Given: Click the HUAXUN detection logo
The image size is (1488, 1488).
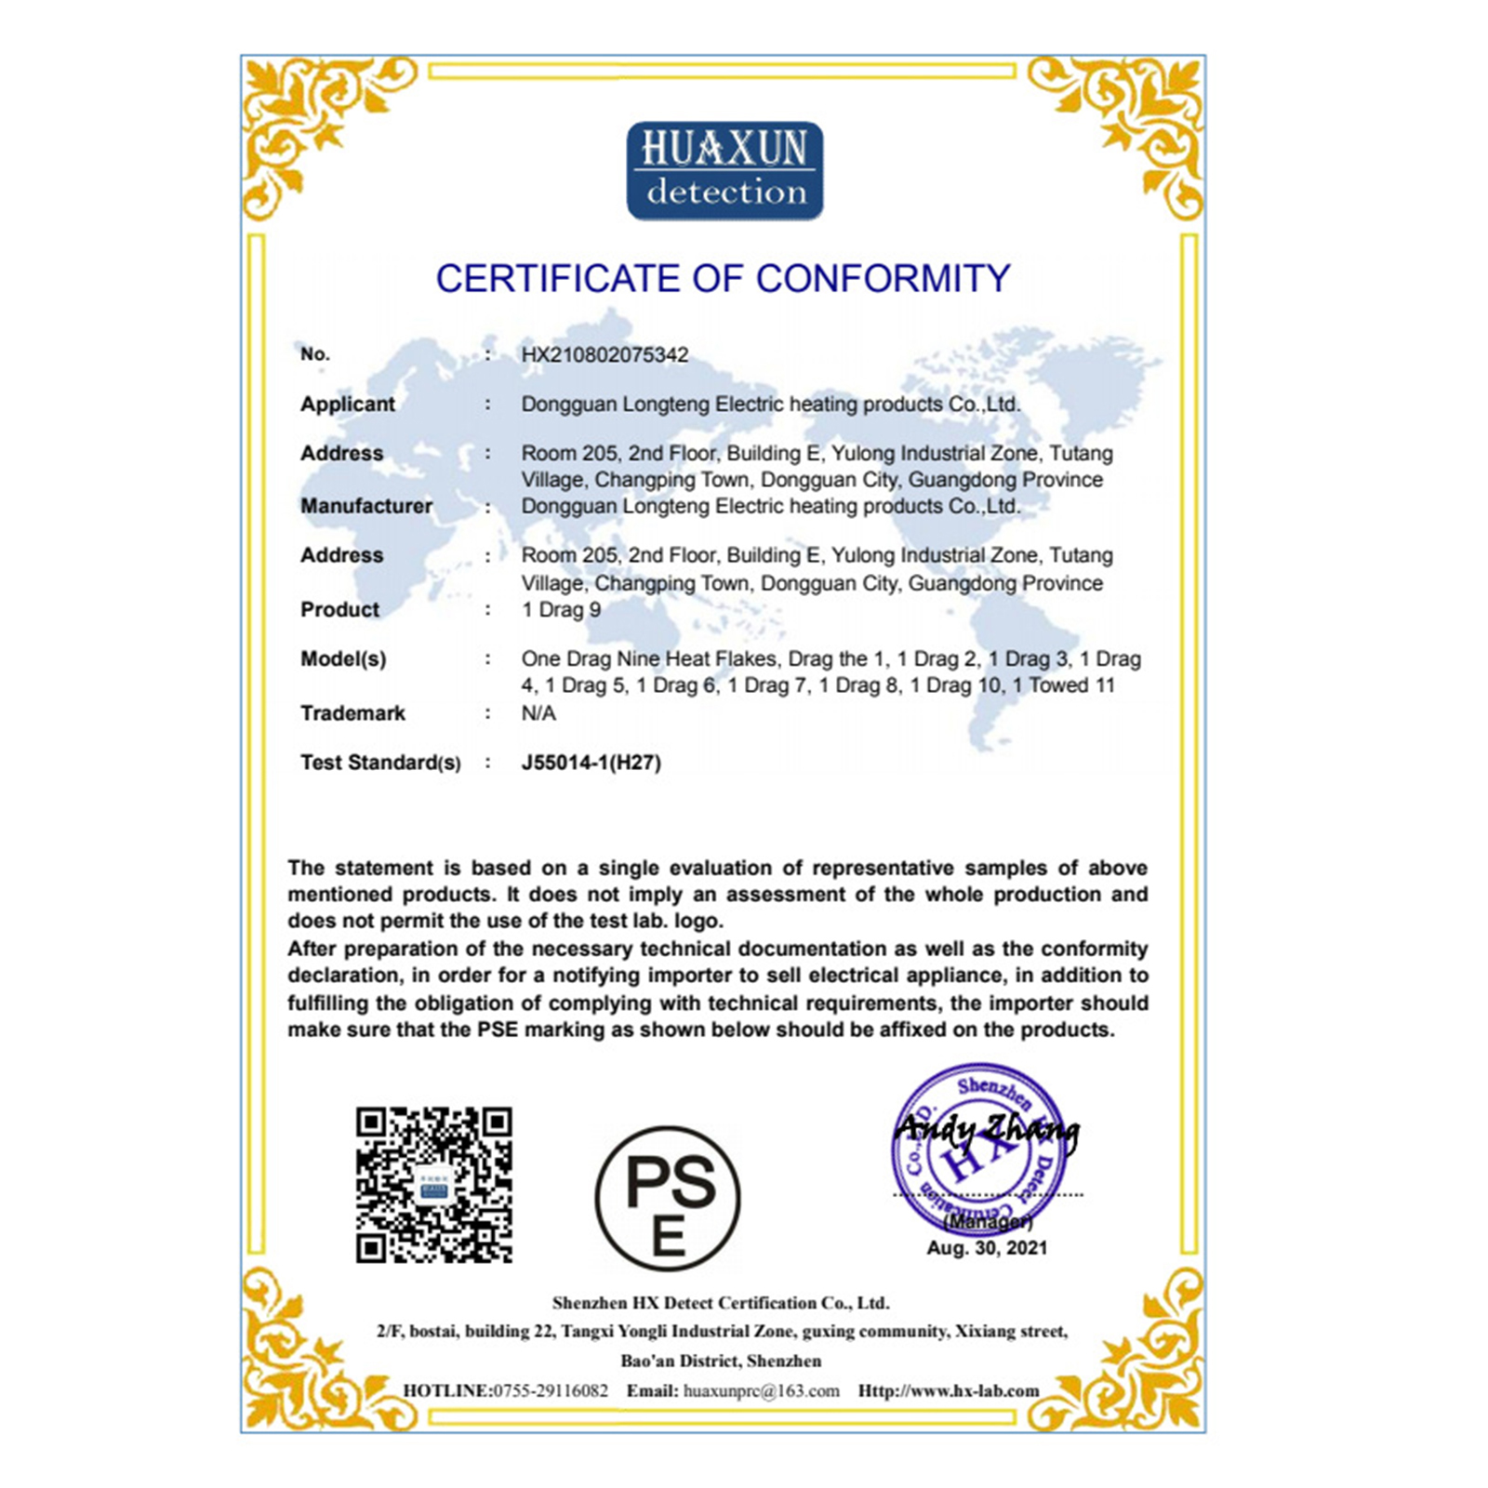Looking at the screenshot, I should coord(724,171).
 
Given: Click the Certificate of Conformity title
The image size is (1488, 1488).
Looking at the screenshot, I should coord(723,279).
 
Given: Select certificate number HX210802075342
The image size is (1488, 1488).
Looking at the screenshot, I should coord(604,355).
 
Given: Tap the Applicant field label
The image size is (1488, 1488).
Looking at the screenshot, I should coord(347,405).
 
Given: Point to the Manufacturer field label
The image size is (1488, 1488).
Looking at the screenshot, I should coord(365,507).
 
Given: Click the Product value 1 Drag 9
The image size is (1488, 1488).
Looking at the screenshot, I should coord(561,610).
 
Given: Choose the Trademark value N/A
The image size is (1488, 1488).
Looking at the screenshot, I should coord(538,713).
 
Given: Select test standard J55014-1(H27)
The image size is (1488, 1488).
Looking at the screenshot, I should coord(591,764).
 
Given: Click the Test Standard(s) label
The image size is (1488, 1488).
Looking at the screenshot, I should coord(379,764).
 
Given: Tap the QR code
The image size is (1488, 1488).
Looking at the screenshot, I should coord(433,1184).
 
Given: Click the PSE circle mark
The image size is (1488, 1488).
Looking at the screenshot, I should coord(668,1199).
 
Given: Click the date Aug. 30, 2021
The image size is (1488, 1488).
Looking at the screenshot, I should coord(987,1249).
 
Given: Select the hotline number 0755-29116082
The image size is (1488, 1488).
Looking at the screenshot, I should coord(551,1391).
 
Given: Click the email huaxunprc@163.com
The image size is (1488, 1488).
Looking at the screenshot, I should coord(761,1391).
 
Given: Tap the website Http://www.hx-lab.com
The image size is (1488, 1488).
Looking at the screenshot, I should coord(948,1391).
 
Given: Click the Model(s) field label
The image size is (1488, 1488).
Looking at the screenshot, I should coord(342,659).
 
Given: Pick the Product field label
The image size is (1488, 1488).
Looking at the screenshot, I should coord(339,610).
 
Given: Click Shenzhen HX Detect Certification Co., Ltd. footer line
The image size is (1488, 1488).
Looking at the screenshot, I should coord(721,1303).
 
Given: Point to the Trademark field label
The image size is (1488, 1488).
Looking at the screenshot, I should coord(352,713).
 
